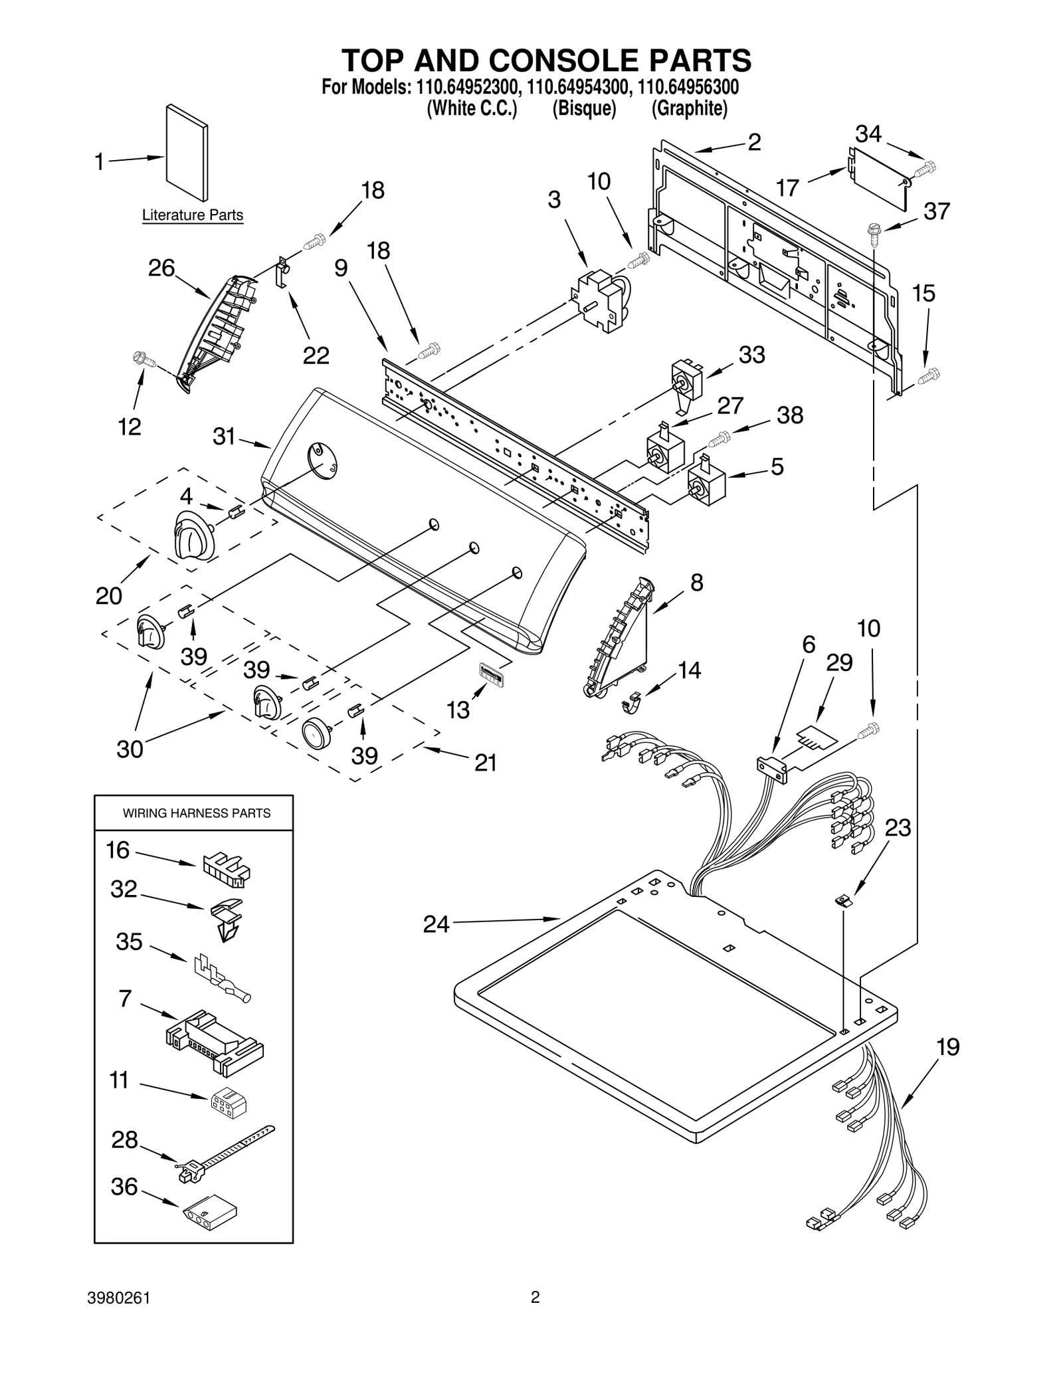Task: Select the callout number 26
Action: [x=161, y=268]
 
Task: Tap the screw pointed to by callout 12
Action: [x=145, y=360]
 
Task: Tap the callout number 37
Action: [x=937, y=211]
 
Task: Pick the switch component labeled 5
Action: [x=706, y=480]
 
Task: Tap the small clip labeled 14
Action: [x=632, y=702]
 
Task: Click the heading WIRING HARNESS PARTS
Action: [x=197, y=813]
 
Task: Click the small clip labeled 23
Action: [x=844, y=901]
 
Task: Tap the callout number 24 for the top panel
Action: [x=436, y=924]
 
